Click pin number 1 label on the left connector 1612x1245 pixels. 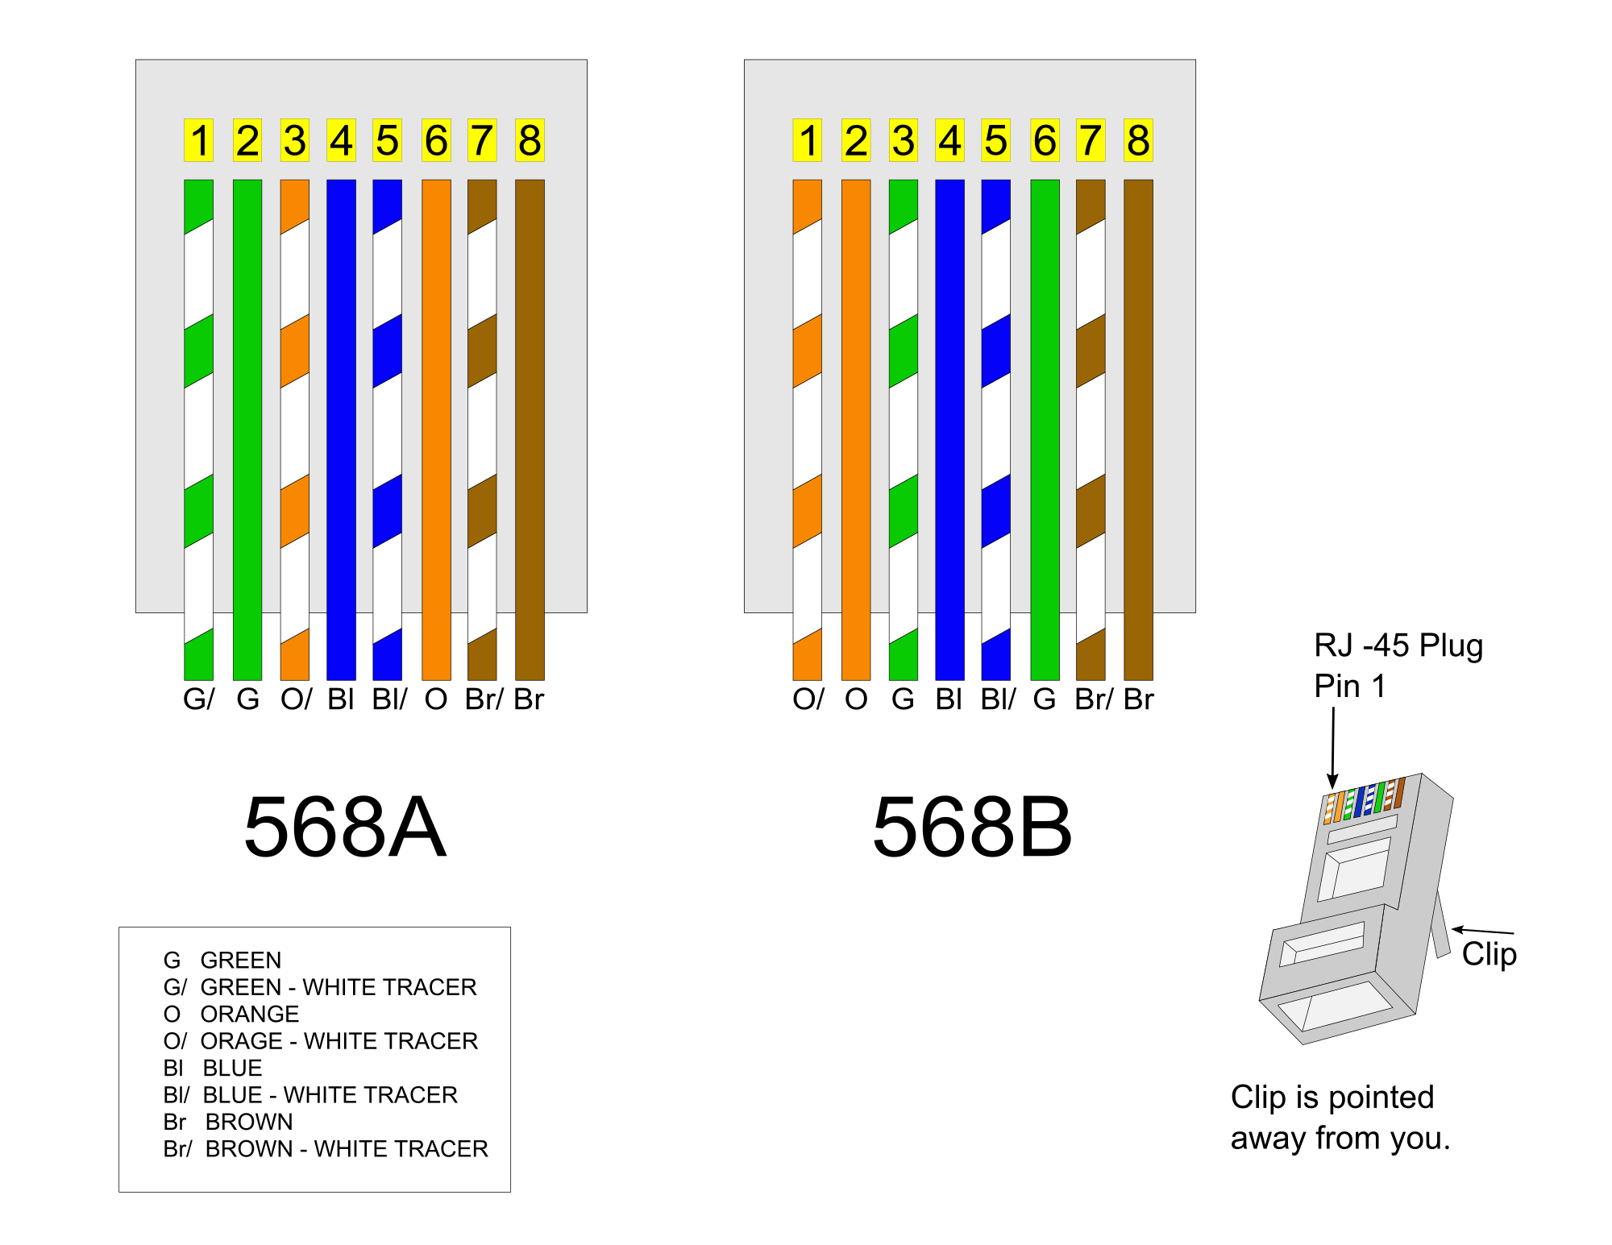pyautogui.click(x=199, y=140)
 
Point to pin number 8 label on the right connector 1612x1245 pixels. pyautogui.click(x=1138, y=140)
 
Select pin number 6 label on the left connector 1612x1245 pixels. pyautogui.click(x=436, y=140)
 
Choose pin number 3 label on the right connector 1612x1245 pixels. pyautogui.click(x=904, y=140)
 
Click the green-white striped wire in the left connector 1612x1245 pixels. pyautogui.click(x=199, y=427)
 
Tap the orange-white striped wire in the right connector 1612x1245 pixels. pyautogui.click(x=808, y=427)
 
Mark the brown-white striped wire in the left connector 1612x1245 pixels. pyautogui.click(x=482, y=427)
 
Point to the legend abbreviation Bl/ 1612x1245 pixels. pyautogui.click(x=177, y=1095)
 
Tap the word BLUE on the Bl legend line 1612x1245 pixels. pyautogui.click(x=232, y=1068)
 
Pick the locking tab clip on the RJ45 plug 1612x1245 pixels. pyautogui.click(x=1440, y=927)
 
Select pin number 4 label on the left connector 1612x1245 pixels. pyautogui.click(x=341, y=140)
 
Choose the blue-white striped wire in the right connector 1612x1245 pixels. pyautogui.click(x=996, y=427)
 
